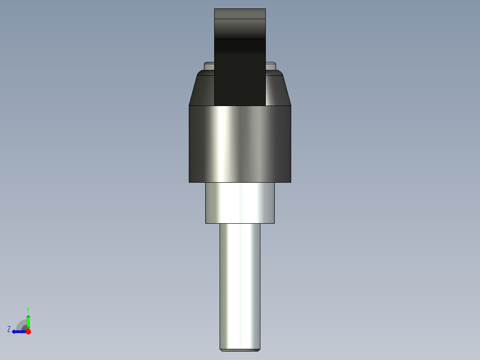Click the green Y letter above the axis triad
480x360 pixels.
[28, 309]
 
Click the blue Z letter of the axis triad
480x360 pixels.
[9, 329]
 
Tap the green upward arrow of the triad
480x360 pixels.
[28, 321]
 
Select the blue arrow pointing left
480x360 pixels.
[18, 331]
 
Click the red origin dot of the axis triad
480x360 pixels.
[28, 331]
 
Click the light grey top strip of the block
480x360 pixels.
[240, 14]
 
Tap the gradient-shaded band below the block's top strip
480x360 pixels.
[240, 29]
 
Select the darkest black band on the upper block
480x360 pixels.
[240, 45]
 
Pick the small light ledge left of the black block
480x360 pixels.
[209, 66]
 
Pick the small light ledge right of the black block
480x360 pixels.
[270, 66]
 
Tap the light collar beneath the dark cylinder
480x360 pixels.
[240, 203]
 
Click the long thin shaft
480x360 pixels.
[240, 285]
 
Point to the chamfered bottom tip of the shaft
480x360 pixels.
[240, 349]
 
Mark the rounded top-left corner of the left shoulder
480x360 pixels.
[199, 72]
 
